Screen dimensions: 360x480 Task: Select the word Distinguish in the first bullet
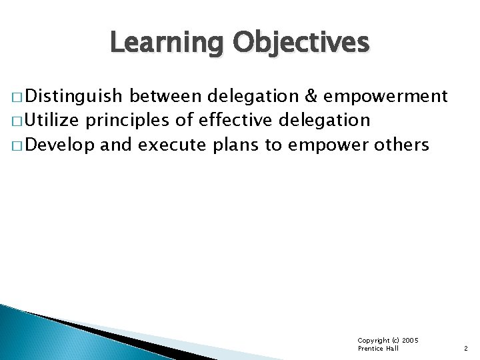pos(75,97)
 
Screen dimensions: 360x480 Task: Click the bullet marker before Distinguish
pos(15,98)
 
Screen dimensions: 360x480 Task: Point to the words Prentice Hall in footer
pos(378,349)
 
